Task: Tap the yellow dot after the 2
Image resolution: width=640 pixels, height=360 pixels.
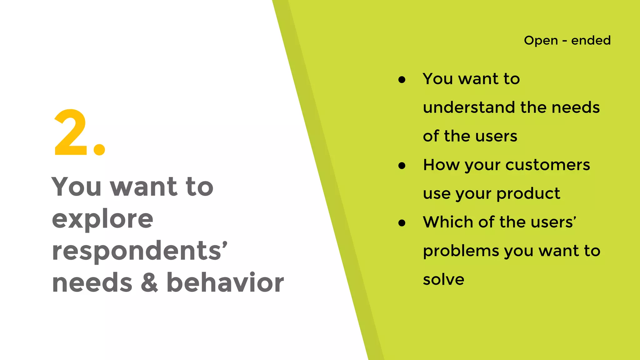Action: [x=99, y=149]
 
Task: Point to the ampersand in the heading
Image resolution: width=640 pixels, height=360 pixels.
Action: [x=149, y=282]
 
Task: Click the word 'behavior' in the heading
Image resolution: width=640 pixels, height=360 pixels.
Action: [x=225, y=282]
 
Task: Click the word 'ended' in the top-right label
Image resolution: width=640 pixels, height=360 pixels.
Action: [x=591, y=40]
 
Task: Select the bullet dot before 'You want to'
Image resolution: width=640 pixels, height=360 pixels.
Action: [x=402, y=80]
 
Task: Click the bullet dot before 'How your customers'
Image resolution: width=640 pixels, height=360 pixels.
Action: [x=402, y=166]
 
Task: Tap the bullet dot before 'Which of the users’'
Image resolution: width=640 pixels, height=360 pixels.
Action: [x=402, y=223]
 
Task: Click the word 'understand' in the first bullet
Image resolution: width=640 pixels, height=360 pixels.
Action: [x=469, y=107]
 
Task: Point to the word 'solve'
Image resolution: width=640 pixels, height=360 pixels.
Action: [x=443, y=279]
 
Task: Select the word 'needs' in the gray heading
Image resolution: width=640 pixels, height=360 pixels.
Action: [x=92, y=282]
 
